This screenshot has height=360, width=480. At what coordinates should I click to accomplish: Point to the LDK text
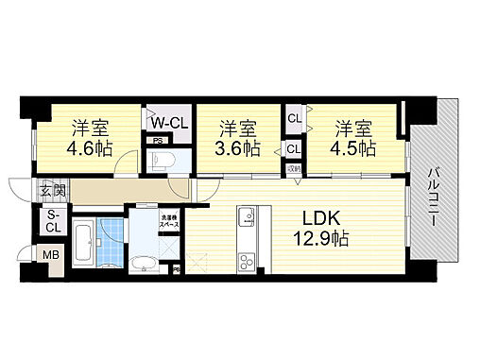tap(322, 220)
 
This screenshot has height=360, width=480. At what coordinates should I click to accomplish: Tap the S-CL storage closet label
tap(53, 221)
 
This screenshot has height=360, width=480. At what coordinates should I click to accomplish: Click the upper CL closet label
tap(293, 118)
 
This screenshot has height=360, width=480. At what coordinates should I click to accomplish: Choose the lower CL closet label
tap(293, 148)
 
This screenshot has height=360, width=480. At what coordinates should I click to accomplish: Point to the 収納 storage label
tap(294, 169)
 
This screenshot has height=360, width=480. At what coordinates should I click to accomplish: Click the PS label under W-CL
tap(155, 141)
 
